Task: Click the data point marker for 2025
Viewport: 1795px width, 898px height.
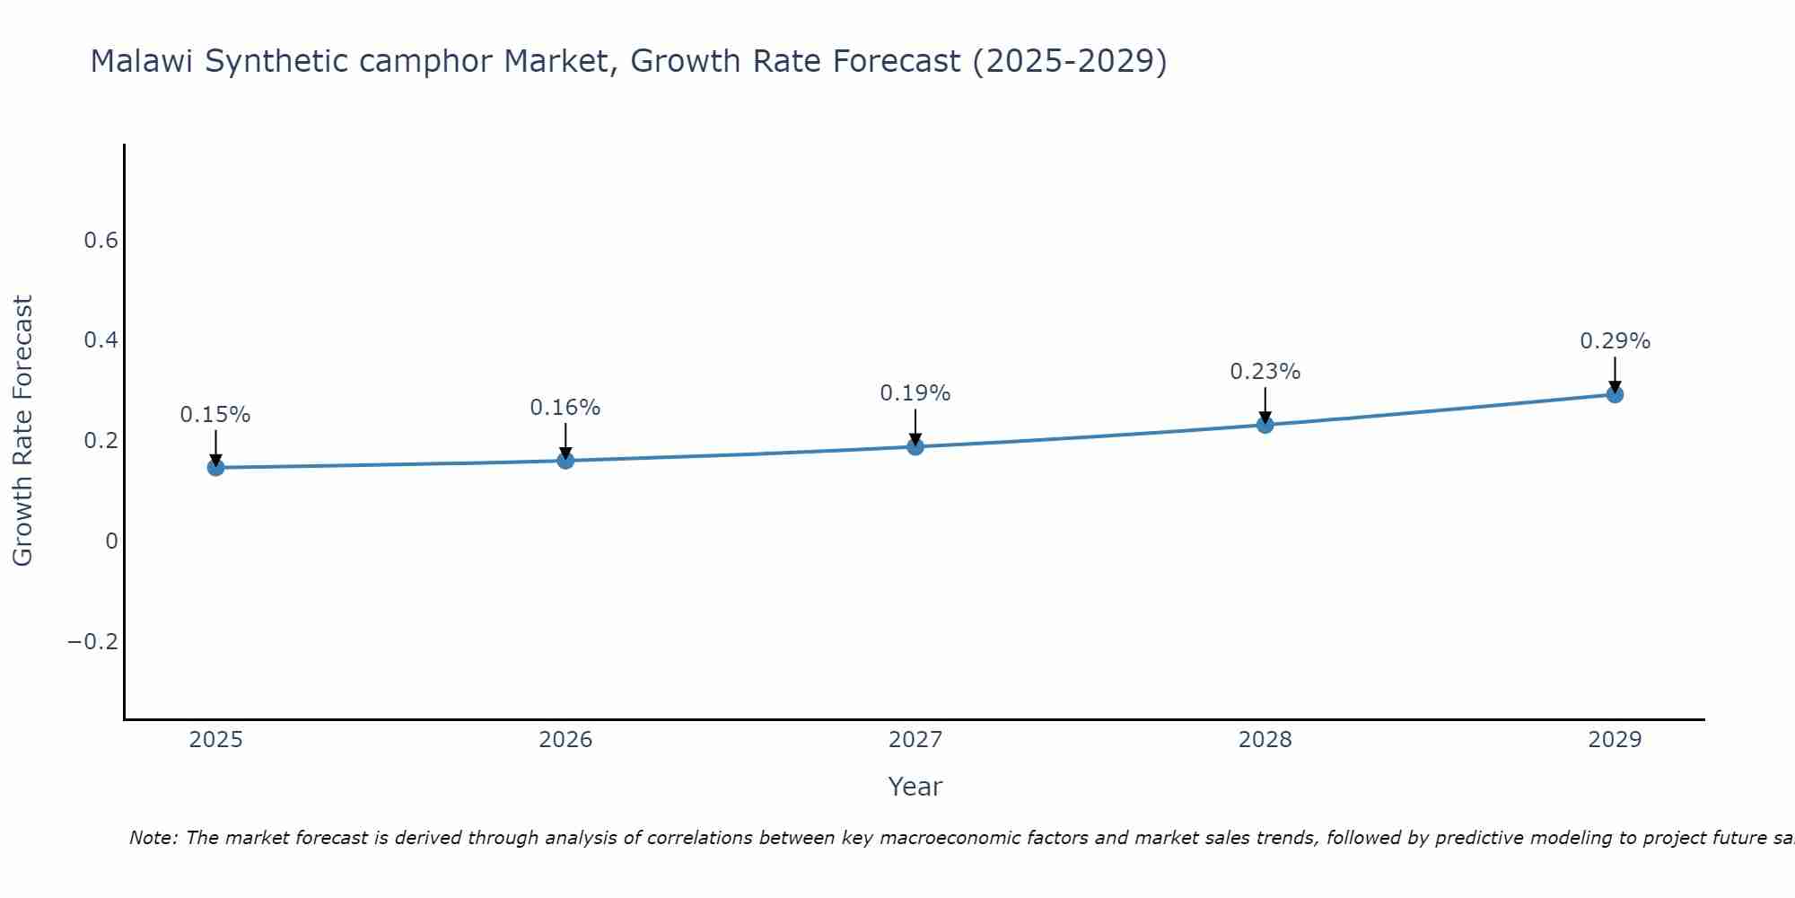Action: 215,467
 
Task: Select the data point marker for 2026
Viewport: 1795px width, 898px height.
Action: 565,460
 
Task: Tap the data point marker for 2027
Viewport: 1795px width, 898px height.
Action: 915,446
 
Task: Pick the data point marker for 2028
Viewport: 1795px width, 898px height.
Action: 1265,424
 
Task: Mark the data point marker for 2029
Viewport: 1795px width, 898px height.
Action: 1615,393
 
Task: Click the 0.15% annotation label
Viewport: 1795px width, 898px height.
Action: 215,415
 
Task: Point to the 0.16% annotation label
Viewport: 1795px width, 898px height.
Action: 565,408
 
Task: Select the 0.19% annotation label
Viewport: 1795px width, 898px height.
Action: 915,393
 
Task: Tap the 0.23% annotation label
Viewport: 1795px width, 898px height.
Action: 1265,372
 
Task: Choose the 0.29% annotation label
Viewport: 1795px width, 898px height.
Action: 1615,341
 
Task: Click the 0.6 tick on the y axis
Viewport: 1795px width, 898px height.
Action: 101,241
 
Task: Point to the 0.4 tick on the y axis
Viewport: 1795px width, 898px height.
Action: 101,340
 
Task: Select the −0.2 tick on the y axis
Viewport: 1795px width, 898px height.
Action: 93,641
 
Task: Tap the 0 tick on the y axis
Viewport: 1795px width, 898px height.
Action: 111,541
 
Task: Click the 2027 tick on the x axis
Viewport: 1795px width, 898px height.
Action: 915,740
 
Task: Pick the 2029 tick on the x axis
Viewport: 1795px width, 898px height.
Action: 1615,740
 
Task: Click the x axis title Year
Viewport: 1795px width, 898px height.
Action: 915,787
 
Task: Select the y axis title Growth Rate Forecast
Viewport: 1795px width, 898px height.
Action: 22,430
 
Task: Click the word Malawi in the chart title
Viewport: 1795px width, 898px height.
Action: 143,62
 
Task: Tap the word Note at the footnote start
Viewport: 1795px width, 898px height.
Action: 153,838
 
